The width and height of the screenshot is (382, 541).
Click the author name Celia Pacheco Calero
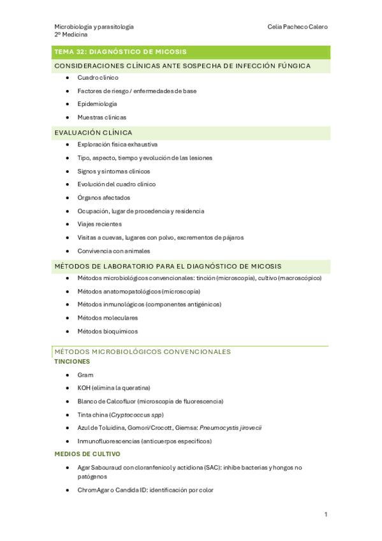pyautogui.click(x=298, y=27)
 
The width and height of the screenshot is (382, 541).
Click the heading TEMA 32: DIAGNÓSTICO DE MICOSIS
pyautogui.click(x=121, y=52)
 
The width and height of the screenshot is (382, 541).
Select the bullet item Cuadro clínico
pyautogui.click(x=98, y=77)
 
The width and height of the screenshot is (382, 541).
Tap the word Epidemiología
pyautogui.click(x=97, y=104)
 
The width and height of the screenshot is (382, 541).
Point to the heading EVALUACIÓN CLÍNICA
pyautogui.click(x=93, y=133)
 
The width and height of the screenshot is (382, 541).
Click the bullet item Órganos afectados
pyautogui.click(x=103, y=198)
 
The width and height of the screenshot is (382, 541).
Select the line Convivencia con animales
pyautogui.click(x=114, y=251)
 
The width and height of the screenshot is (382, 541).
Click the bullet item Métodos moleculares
pyautogui.click(x=107, y=318)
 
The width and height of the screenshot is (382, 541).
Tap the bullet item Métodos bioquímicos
pyautogui.click(x=107, y=331)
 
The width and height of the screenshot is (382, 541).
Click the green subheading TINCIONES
pyautogui.click(x=72, y=361)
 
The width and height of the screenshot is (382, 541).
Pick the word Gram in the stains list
pyautogui.click(x=85, y=374)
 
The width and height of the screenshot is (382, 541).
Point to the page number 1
pyautogui.click(x=325, y=514)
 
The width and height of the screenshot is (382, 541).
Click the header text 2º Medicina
pyautogui.click(x=71, y=35)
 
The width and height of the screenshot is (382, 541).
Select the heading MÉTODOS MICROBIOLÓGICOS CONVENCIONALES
pyautogui.click(x=142, y=352)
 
